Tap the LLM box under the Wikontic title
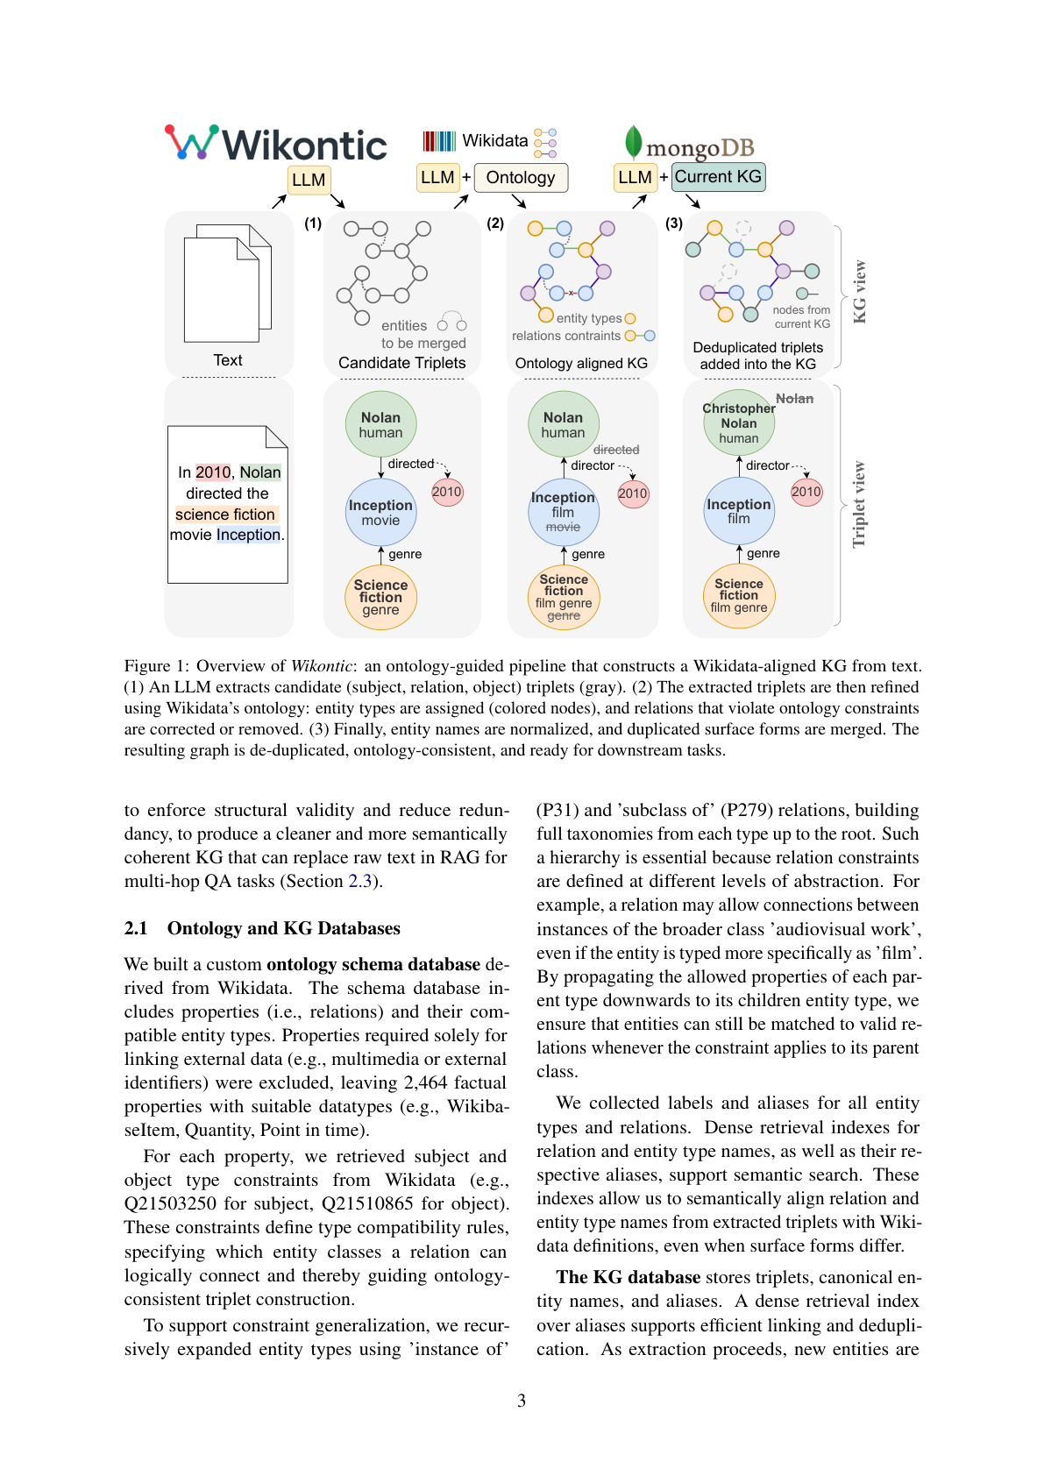309,180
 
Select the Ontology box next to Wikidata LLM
521,178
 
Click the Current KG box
718,177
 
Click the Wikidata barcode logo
439,141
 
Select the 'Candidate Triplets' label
402,363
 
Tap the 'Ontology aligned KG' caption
581,363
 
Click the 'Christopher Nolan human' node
739,423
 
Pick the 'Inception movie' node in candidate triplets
380,512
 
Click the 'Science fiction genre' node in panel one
380,598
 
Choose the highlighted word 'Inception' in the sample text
249,535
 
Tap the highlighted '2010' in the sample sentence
213,472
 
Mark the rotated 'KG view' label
860,291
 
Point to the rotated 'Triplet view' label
859,504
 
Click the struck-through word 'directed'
616,450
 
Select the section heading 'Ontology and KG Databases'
283,928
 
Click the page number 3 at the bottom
522,1401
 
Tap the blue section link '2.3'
360,881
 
